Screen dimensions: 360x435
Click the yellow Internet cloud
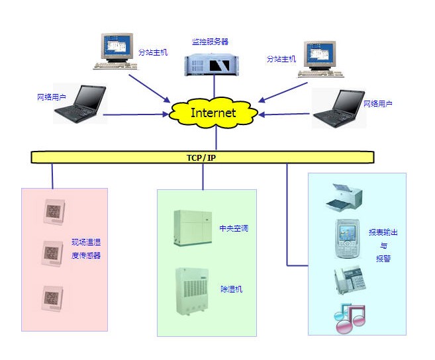213,112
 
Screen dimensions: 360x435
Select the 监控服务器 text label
211,42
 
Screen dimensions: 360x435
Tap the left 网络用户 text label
52,97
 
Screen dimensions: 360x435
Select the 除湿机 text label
232,289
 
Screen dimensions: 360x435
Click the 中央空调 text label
233,228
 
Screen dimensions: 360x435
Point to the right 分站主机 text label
281,59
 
